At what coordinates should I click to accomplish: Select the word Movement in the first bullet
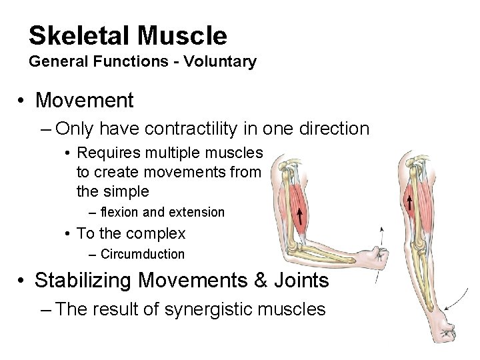pyautogui.click(x=85, y=101)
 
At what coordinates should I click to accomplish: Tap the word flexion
pyautogui.click(x=119, y=212)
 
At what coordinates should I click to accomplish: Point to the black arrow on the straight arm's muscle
pyautogui.click(x=407, y=201)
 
